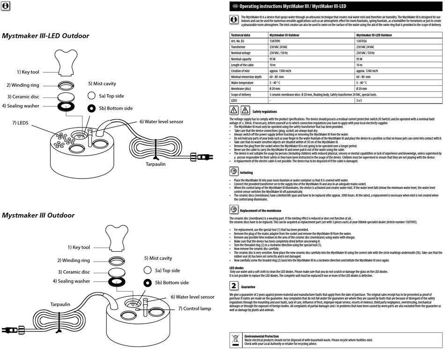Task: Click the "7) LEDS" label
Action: tap(20, 123)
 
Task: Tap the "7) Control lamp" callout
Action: tap(194, 308)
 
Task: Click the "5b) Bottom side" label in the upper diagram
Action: tap(115, 108)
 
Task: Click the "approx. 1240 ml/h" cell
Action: tap(369, 70)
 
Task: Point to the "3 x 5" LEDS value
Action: tap(359, 100)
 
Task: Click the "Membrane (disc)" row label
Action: tap(242, 88)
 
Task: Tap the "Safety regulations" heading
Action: tap(264, 112)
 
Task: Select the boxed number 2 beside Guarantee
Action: tap(234, 285)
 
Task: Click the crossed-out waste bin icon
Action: tap(235, 339)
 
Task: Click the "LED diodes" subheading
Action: tap(237, 268)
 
